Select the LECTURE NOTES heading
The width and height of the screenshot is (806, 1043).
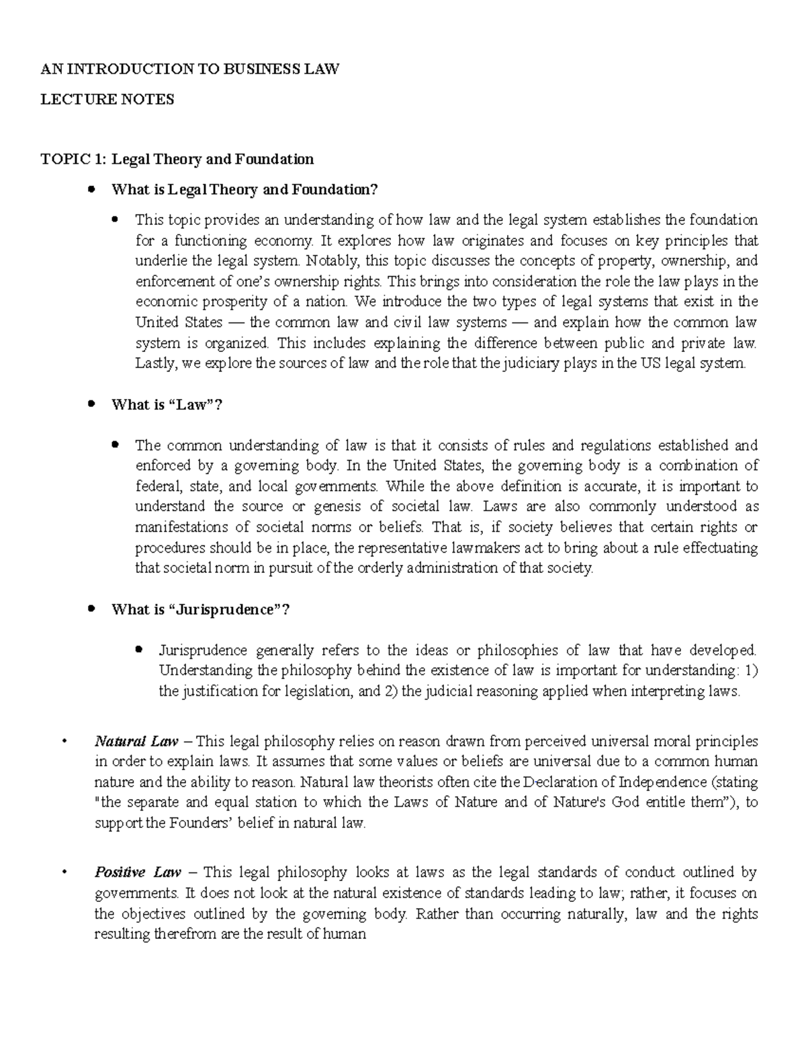tap(107, 99)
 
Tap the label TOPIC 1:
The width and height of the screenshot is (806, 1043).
tap(73, 159)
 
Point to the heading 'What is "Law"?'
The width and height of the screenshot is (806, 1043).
tap(167, 404)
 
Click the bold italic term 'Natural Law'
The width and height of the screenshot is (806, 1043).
tap(136, 741)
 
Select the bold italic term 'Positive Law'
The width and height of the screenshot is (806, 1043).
tap(138, 872)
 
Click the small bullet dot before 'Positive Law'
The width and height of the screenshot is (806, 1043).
tap(62, 873)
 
